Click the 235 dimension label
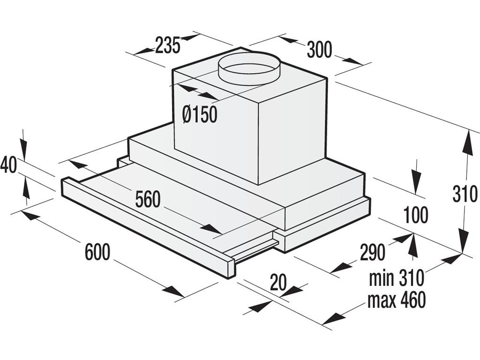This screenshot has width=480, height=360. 167,45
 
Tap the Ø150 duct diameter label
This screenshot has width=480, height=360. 200,114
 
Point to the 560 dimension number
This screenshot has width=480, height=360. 148,200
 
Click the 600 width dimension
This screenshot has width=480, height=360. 97,252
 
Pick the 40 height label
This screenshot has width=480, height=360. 8,165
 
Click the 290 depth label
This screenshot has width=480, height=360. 373,253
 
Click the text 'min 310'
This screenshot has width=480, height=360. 396,278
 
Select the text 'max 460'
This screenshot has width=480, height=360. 397,300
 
